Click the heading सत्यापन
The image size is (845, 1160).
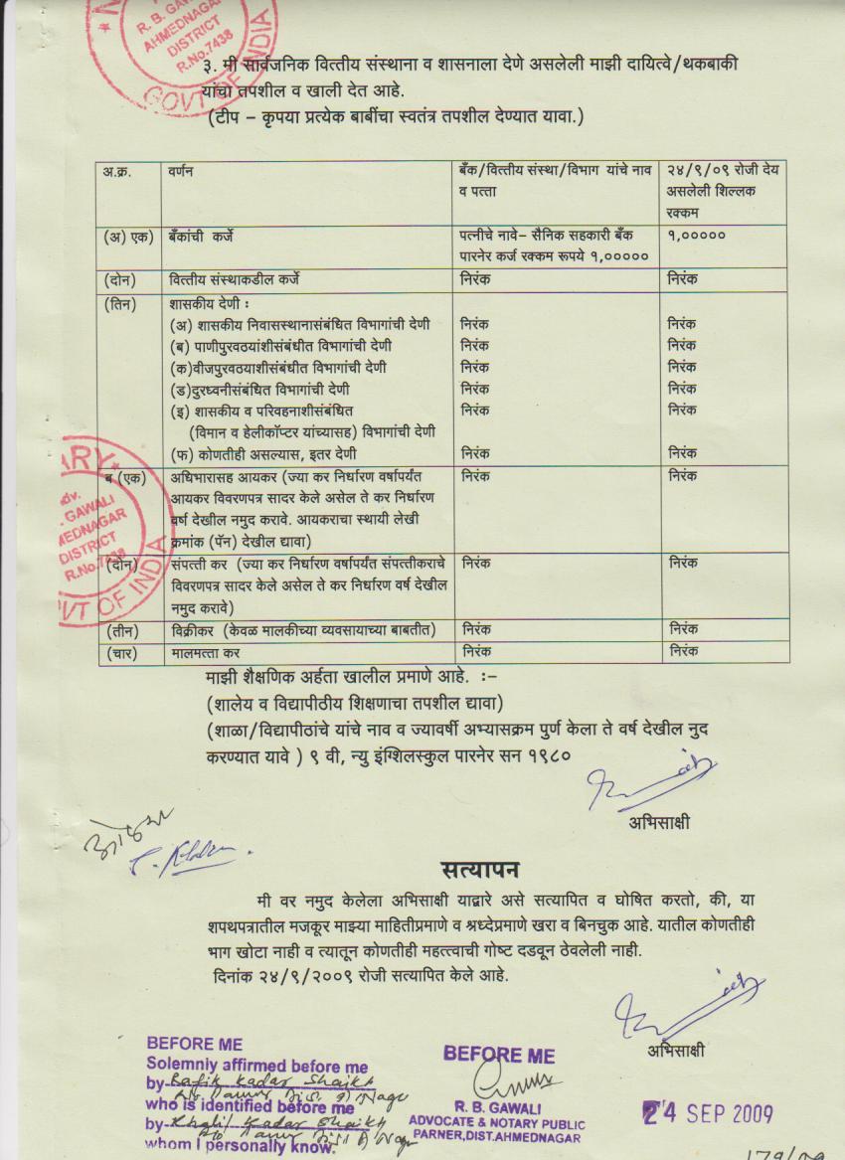tap(480, 869)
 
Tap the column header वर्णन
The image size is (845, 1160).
tap(181, 172)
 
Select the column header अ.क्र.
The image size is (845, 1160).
tap(116, 172)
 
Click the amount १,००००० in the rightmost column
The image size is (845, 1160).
tap(697, 237)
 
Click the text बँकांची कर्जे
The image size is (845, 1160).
tap(215, 237)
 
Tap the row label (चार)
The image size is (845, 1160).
tap(124, 653)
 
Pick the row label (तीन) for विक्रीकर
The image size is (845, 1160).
tap(124, 629)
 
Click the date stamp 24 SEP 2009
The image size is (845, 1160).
tap(706, 1114)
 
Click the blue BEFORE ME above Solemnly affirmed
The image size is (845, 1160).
tap(194, 1044)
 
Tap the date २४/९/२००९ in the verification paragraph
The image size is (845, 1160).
tap(297, 975)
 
